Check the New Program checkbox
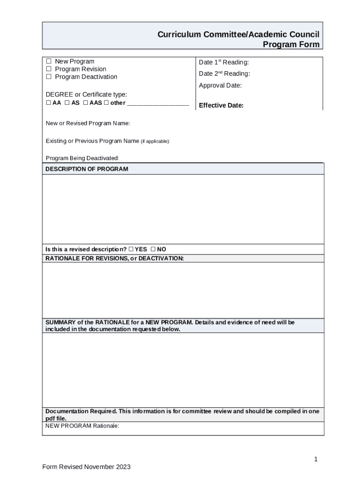pyautogui.click(x=49, y=61)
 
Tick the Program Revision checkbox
pyautogui.click(x=49, y=69)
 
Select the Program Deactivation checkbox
pyautogui.click(x=49, y=77)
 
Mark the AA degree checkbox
pyautogui.click(x=48, y=103)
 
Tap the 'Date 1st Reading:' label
pyautogui.click(x=223, y=62)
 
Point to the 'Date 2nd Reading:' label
pyautogui.click(x=224, y=74)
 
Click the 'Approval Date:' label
pyautogui.click(x=220, y=86)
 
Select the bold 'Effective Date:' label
pyautogui.click(x=221, y=105)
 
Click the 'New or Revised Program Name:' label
pyautogui.click(x=88, y=123)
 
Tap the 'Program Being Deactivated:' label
pyautogui.click(x=82, y=158)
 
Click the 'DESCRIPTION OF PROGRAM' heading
pyautogui.click(x=86, y=169)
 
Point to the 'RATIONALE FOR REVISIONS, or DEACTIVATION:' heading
pyautogui.click(x=115, y=258)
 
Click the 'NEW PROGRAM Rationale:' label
pyautogui.click(x=82, y=426)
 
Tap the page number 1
pyautogui.click(x=316, y=459)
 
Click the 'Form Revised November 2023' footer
pyautogui.click(x=86, y=467)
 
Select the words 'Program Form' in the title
pyautogui.click(x=291, y=44)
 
